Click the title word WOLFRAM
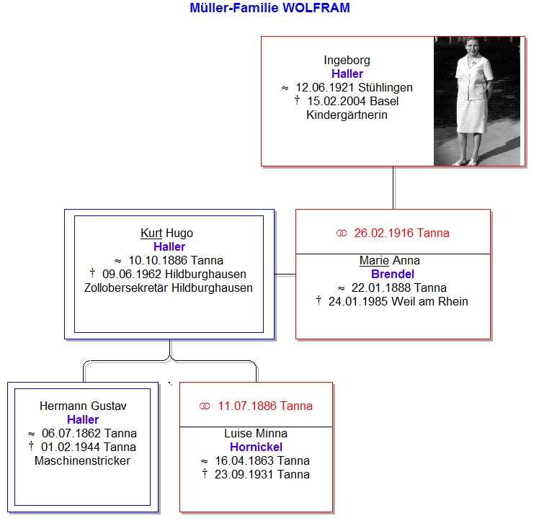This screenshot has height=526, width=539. (316, 8)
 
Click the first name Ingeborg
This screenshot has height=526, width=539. (347, 61)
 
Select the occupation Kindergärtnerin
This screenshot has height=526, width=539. (347, 115)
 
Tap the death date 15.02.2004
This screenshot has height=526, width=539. (332, 102)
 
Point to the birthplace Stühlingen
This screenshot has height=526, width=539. (386, 88)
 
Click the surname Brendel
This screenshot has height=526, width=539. (393, 275)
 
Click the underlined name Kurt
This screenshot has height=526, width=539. (151, 233)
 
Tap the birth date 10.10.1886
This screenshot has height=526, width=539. (158, 261)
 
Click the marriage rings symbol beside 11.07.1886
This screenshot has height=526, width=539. (205, 406)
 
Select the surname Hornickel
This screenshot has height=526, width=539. (256, 447)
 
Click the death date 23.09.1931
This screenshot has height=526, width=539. (244, 474)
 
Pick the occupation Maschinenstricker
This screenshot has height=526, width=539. (82, 460)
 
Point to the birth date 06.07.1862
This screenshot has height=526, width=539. (71, 433)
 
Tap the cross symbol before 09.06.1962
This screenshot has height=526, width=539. (92, 273)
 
